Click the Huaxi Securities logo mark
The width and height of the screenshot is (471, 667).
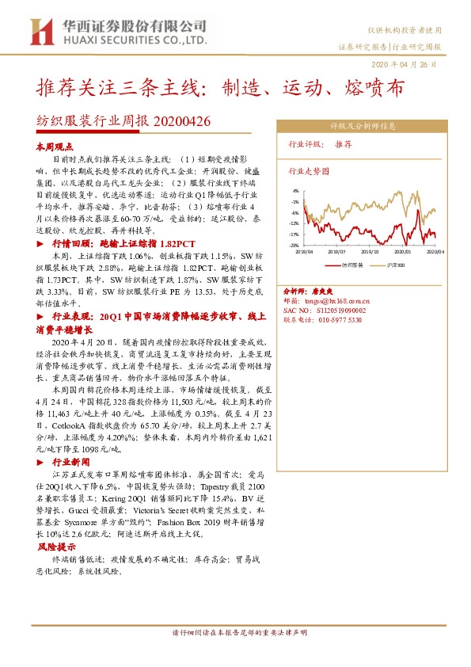36,31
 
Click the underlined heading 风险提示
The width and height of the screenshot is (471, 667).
53,547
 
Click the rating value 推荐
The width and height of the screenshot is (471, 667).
344,145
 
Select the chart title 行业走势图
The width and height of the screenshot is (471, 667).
308,170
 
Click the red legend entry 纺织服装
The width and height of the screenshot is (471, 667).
349,265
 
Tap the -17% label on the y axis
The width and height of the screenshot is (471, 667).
294,234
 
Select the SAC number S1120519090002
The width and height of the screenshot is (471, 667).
349,311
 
